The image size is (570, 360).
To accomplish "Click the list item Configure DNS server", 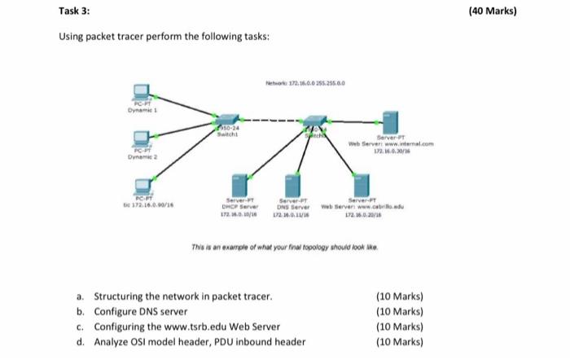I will click(x=141, y=312).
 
